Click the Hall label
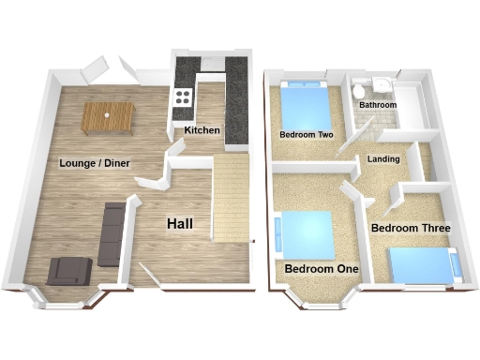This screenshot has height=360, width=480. [182, 224]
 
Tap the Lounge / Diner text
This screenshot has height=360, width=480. [95, 163]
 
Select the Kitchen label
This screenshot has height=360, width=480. [202, 129]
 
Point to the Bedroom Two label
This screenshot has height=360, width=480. [307, 135]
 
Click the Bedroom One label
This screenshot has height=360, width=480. [322, 269]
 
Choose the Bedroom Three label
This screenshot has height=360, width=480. [411, 228]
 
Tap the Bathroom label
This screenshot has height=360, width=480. [378, 105]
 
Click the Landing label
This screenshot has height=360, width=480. [384, 159]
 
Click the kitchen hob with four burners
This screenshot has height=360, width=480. [182, 97]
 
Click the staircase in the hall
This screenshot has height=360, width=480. [231, 198]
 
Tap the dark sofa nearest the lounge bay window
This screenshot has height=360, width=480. [68, 270]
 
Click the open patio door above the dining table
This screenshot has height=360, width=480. [97, 68]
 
